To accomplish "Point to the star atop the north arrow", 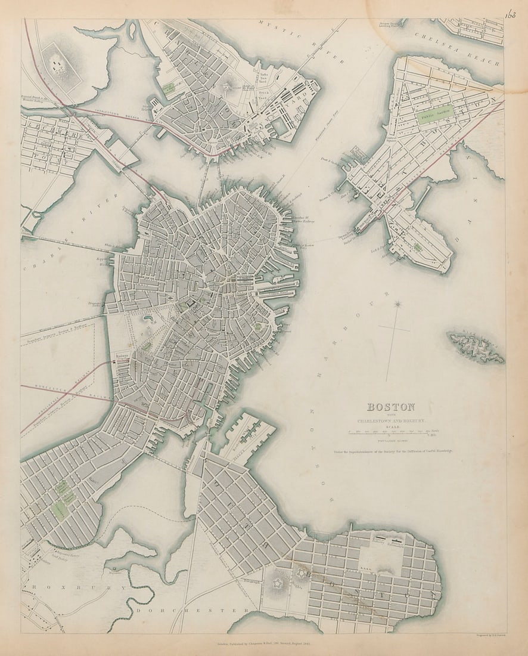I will (398, 305).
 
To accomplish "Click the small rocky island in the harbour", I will (475, 346).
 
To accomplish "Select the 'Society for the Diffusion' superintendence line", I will (393, 451).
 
